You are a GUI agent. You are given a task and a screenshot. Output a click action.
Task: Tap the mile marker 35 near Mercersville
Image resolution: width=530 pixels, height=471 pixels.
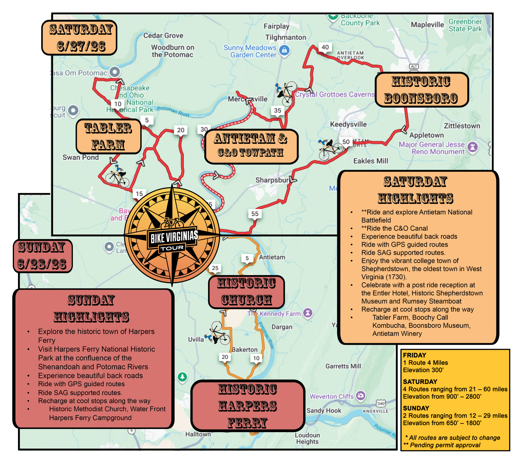point(277,111)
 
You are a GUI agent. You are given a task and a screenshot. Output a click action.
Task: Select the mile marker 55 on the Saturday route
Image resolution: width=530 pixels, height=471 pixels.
point(255,214)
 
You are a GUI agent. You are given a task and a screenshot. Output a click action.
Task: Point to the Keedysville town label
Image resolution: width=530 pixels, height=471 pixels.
point(348,124)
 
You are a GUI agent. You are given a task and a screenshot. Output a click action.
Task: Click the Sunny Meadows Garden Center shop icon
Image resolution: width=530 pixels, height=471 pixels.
point(284,50)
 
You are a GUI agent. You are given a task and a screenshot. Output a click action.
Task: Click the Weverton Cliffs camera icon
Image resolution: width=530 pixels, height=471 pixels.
point(361,395)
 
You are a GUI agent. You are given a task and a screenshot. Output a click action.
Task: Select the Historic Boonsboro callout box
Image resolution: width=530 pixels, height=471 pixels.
point(422,90)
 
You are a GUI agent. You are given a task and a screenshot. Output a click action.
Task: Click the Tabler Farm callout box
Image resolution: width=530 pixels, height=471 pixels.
point(108,136)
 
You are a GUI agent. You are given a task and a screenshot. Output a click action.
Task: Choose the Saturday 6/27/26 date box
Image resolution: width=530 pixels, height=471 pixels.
point(79,38)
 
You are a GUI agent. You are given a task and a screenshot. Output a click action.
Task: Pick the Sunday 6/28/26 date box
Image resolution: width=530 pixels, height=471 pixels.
point(42,256)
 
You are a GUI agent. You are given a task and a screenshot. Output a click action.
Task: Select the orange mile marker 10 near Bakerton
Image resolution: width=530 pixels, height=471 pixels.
point(256,358)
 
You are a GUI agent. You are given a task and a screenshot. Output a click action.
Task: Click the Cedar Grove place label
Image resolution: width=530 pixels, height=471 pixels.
point(163,36)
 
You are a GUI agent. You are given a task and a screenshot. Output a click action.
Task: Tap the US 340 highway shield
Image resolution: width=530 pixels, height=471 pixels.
point(381,404)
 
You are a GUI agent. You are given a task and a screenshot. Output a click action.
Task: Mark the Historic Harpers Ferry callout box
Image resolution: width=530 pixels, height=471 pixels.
point(248,406)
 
